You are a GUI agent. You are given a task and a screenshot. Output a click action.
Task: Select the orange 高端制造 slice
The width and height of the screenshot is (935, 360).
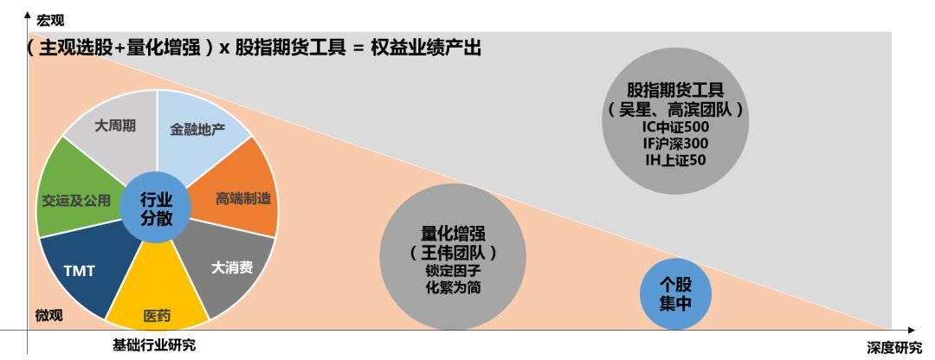pyautogui.click(x=242, y=196)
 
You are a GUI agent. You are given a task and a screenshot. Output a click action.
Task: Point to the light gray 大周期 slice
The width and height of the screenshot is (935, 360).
pyautogui.click(x=116, y=128)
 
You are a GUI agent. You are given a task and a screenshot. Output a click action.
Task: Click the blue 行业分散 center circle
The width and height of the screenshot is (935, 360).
pyautogui.click(x=156, y=208)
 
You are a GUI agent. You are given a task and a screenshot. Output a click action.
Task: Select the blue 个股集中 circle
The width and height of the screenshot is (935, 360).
pyautogui.click(x=675, y=293)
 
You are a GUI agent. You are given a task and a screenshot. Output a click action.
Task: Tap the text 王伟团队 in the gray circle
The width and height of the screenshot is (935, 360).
pyautogui.click(x=453, y=253)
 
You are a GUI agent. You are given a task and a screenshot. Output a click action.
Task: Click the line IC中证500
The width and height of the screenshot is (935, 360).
pyautogui.click(x=675, y=127)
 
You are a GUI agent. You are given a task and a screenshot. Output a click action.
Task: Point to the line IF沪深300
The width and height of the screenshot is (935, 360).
pyautogui.click(x=675, y=144)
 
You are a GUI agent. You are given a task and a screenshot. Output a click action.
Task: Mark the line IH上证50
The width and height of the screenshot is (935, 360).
pyautogui.click(x=675, y=160)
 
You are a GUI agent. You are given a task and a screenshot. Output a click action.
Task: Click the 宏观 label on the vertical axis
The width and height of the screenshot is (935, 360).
pyautogui.click(x=50, y=21)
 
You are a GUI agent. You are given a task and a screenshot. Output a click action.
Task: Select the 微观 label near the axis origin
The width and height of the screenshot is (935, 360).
pyautogui.click(x=48, y=315)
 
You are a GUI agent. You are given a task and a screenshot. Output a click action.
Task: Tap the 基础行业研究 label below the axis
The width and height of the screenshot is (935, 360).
pyautogui.click(x=154, y=345)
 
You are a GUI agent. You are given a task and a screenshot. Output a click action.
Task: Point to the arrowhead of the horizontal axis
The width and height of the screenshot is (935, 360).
pyautogui.click(x=911, y=330)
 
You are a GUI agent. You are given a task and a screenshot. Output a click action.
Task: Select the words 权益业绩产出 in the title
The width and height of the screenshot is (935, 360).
pyautogui.click(x=426, y=47)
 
